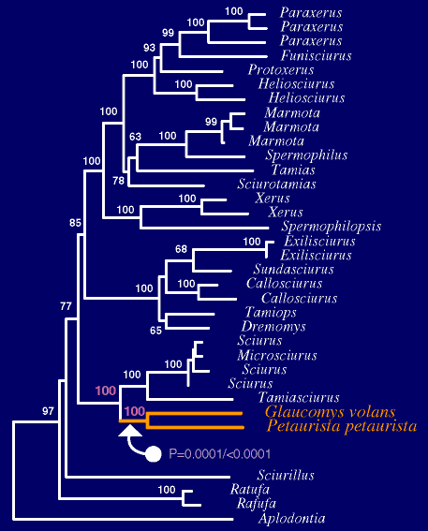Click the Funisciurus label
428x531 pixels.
coord(317,55)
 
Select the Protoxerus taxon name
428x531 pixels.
coord(281,69)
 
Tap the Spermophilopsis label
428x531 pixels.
coord(332,227)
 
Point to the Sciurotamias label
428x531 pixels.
coord(276,184)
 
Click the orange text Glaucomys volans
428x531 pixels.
coord(331,412)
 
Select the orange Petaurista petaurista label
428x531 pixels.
coord(341,426)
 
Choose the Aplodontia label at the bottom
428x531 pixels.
coord(292,518)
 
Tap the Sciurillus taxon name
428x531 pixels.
coord(286,475)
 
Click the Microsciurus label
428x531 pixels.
coord(277,355)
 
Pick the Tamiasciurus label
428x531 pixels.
coord(299,397)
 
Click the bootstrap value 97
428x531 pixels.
coord(48,411)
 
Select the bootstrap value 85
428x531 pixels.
coord(75,223)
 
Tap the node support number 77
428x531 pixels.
coord(66,306)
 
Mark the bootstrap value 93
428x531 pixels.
coord(149,48)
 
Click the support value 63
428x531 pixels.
coord(135,137)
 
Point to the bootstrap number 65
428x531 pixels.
coord(155,331)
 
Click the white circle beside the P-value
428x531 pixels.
coord(153,454)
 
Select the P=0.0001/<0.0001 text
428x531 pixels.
coord(219,454)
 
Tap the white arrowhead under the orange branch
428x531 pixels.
coord(130,431)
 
